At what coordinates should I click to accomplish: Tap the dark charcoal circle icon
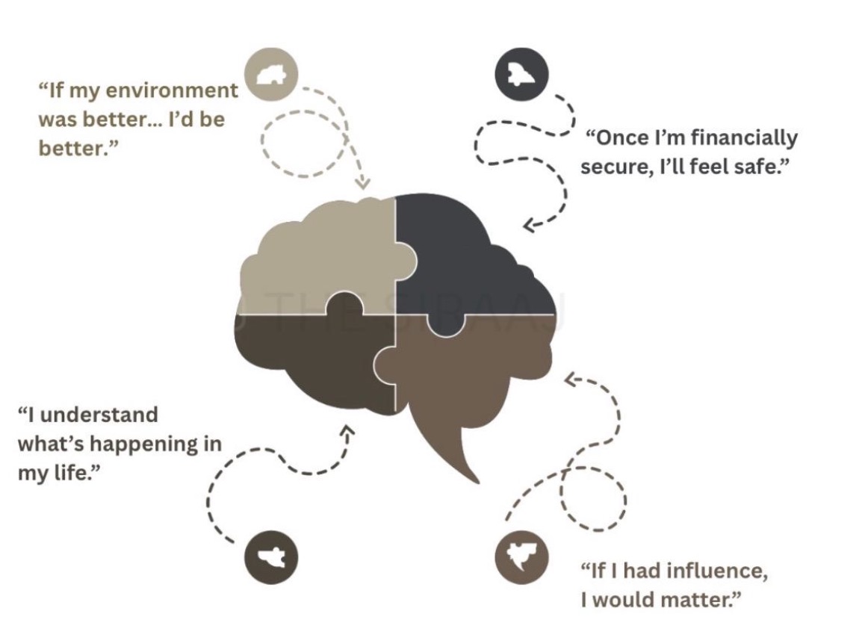pos(521,74)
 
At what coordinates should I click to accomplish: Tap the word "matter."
pos(699,600)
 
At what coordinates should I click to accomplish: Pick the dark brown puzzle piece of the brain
pos(314,359)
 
